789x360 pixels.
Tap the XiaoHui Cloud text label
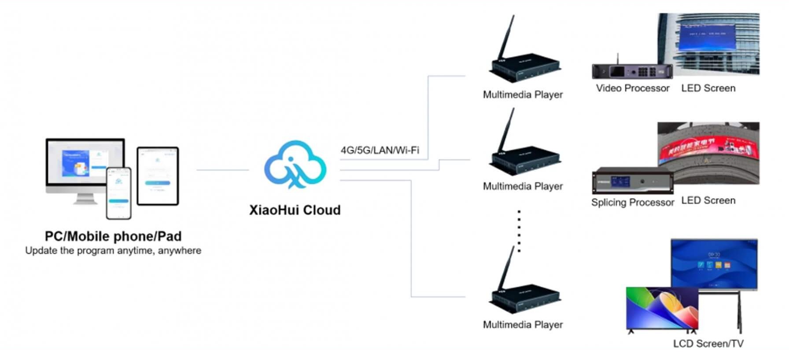point(295,210)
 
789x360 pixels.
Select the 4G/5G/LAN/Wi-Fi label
point(380,150)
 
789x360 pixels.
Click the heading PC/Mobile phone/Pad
point(113,236)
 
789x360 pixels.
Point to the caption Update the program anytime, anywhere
point(113,250)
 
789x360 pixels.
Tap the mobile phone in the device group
point(119,193)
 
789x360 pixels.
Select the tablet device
point(158,176)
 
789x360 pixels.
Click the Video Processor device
point(632,71)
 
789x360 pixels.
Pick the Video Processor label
point(633,88)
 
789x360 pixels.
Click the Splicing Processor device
point(633,181)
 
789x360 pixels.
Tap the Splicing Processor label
point(632,202)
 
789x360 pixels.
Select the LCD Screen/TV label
point(708,344)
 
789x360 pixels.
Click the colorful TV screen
point(662,308)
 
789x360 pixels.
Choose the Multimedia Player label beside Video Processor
point(523,95)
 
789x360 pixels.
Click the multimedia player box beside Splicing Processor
point(524,161)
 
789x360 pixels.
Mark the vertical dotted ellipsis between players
point(519,231)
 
